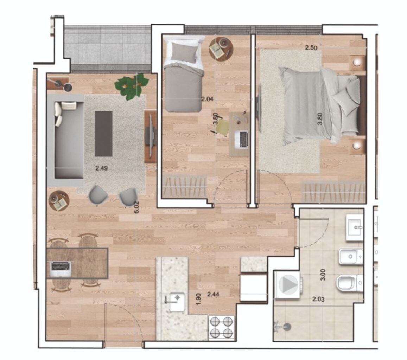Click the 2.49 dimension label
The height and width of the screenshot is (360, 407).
coord(102,168)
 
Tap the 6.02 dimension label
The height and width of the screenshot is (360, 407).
coord(136,207)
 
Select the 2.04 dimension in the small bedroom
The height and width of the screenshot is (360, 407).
coord(208,98)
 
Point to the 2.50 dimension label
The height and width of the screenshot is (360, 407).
coord(311,48)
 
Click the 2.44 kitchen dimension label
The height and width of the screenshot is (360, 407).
coord(213,294)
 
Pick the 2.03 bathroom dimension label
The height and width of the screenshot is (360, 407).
coord(318,299)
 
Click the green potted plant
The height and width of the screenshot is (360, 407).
coord(132,86)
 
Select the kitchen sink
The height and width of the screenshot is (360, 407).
coord(177,302)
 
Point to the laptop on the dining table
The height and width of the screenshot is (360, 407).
coord(61,269)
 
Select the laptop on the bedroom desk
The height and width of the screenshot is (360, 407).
coord(241,140)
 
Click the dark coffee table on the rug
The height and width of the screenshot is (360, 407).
coord(103,134)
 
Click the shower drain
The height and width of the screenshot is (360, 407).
coord(287,327)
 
